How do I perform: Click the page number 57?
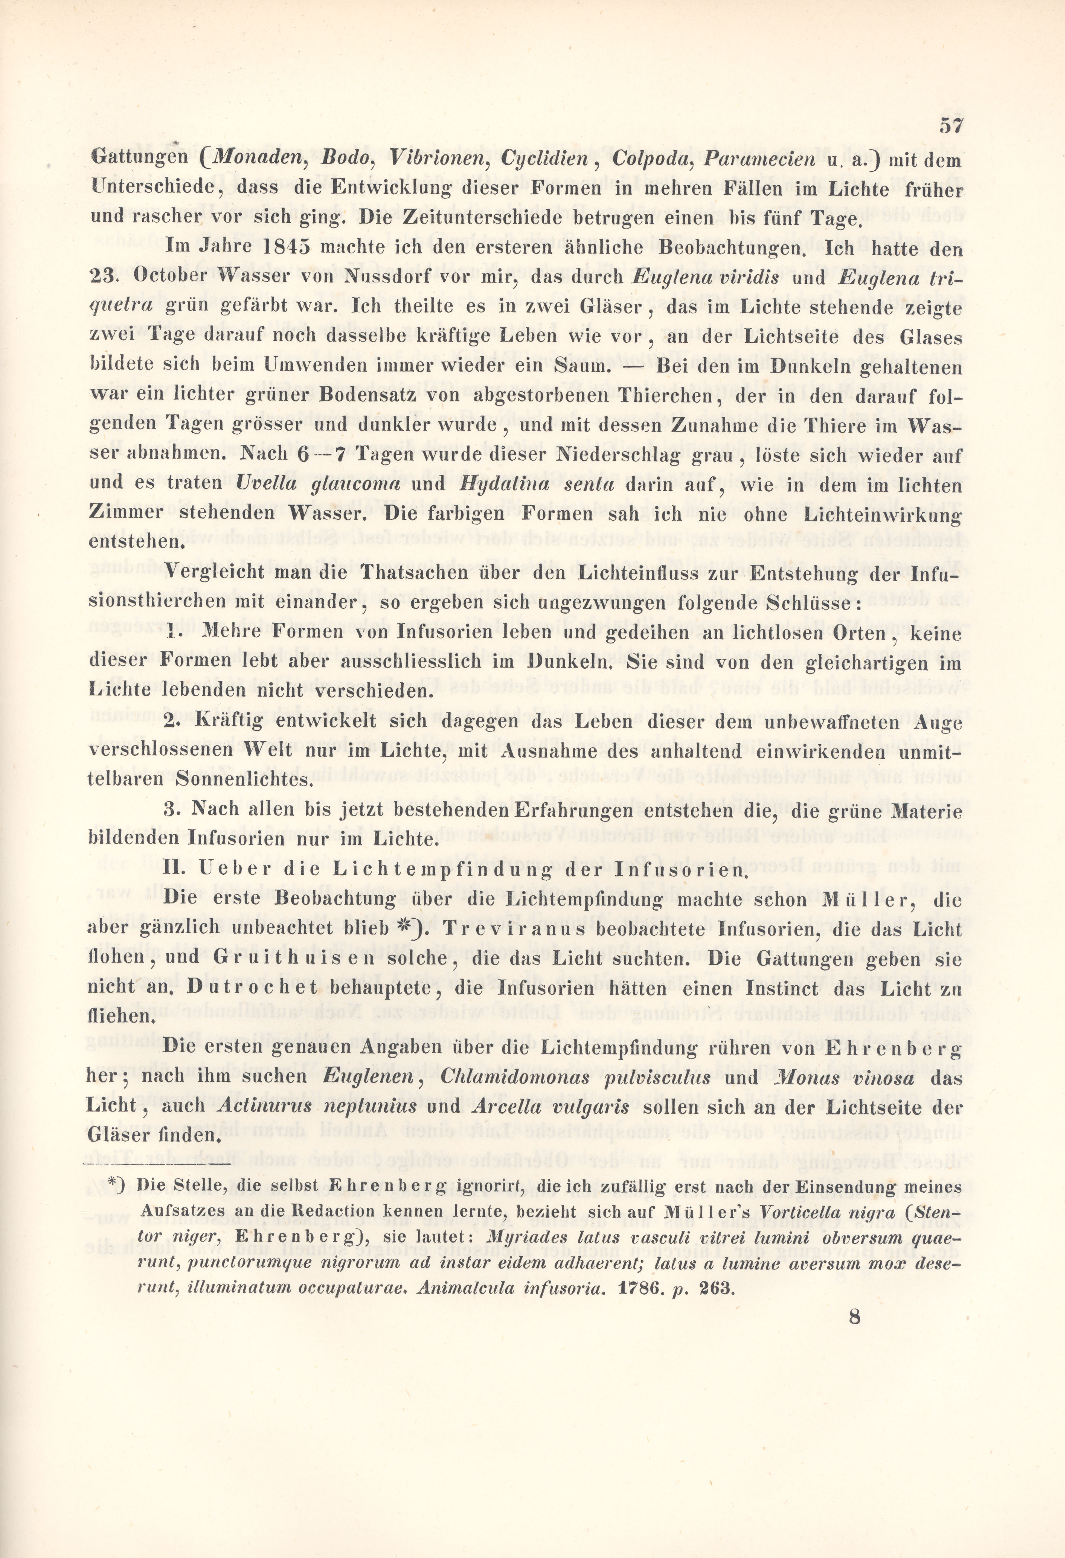click(x=950, y=125)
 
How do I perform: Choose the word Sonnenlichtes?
click(x=243, y=780)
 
